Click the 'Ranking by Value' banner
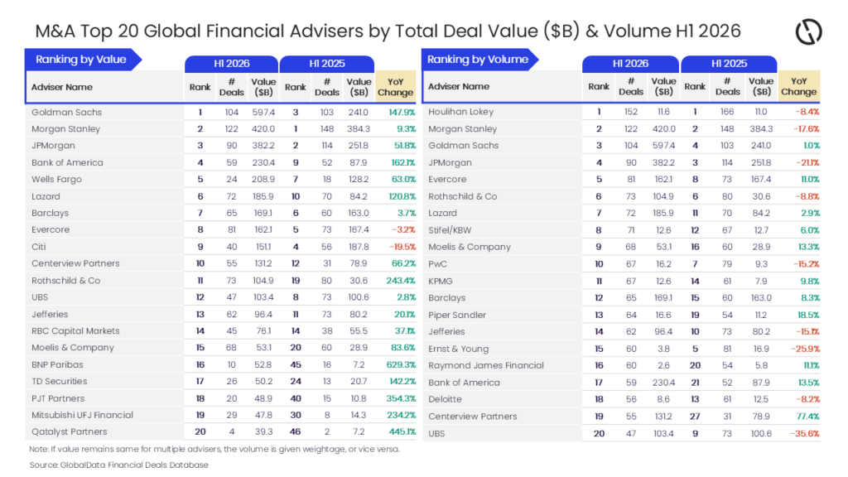82,60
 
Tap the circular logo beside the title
808,31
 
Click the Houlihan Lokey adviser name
460,112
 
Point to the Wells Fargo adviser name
57,179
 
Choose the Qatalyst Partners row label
70,431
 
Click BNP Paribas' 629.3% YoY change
401,364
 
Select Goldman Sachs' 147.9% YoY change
402,112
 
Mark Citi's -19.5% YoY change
402,247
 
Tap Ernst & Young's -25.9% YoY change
805,349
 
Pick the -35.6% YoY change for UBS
805,433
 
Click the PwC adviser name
437,264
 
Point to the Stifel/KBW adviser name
450,230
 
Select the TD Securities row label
59,381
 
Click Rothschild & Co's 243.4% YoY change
401,281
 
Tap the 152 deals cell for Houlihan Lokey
630,112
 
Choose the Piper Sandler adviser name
457,315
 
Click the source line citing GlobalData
119,465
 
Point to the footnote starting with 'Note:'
214,449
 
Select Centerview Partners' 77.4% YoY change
808,417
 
